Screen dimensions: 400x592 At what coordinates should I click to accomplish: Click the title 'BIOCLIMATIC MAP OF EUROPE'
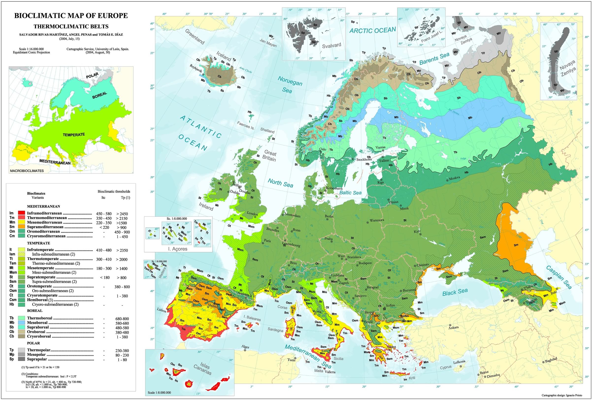click(x=71, y=16)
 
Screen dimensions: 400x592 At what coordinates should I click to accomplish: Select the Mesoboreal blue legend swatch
click(x=21, y=323)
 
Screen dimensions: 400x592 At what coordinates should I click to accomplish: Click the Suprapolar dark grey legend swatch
click(x=21, y=359)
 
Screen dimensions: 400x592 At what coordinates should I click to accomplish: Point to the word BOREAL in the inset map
click(x=99, y=95)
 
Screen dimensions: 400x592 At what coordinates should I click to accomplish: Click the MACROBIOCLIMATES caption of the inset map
click(x=27, y=171)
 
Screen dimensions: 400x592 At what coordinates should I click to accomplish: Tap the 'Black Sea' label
click(x=455, y=292)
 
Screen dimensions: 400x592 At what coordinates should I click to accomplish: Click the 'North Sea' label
click(x=280, y=183)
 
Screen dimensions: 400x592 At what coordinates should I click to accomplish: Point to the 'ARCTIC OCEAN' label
click(x=372, y=30)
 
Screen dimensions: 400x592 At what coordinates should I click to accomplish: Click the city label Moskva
click(x=454, y=178)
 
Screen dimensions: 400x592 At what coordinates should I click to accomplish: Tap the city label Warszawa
click(x=377, y=220)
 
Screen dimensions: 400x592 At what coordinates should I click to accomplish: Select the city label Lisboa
click(x=162, y=311)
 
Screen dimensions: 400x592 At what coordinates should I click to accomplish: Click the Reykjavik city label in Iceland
click(x=196, y=68)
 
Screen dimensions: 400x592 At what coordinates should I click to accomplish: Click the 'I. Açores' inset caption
click(x=178, y=249)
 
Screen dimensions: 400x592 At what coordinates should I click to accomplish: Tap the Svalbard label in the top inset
click(x=331, y=46)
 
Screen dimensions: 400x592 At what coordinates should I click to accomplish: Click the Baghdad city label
click(x=551, y=360)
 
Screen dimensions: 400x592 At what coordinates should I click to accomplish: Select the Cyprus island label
click(x=446, y=367)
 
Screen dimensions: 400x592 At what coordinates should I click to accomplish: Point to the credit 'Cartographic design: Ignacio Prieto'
click(x=562, y=395)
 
